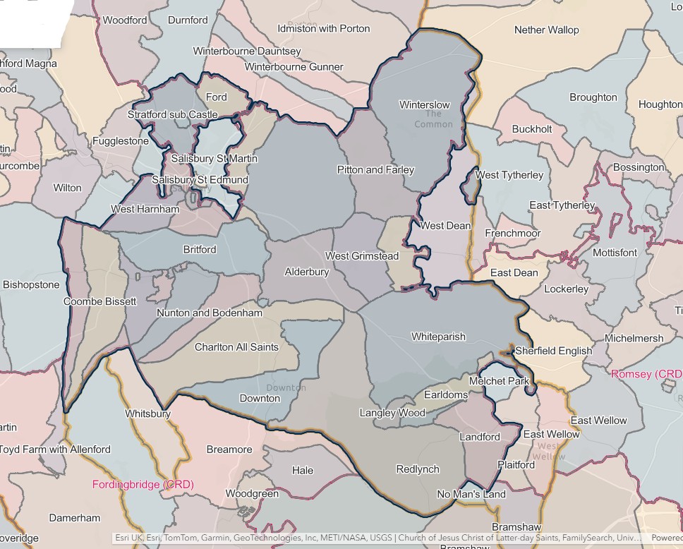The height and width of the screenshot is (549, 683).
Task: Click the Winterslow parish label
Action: click(x=424, y=105)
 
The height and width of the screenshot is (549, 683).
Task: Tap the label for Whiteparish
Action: click(x=438, y=337)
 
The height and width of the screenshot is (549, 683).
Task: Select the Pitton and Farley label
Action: click(x=375, y=170)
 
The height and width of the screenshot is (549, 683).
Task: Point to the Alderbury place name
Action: click(x=306, y=272)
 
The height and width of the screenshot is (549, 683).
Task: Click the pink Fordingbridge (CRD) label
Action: click(x=143, y=485)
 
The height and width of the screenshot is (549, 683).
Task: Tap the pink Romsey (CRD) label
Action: click(x=646, y=373)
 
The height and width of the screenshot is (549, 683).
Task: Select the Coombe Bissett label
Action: click(x=99, y=301)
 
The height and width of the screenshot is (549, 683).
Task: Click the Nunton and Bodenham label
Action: click(x=210, y=313)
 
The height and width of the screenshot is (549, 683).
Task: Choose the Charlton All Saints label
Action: click(x=236, y=347)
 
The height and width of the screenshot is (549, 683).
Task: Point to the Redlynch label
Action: click(x=418, y=469)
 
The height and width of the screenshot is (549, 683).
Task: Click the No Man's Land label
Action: click(x=471, y=494)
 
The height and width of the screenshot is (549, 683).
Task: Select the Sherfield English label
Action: click(x=554, y=351)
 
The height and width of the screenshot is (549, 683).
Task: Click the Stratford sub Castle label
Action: click(x=173, y=114)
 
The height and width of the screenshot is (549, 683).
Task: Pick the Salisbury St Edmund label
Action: click(x=200, y=180)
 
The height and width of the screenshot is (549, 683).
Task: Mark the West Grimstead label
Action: click(x=361, y=256)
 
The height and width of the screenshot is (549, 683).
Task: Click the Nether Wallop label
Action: click(x=546, y=30)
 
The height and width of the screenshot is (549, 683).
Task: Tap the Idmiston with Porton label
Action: click(x=324, y=29)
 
